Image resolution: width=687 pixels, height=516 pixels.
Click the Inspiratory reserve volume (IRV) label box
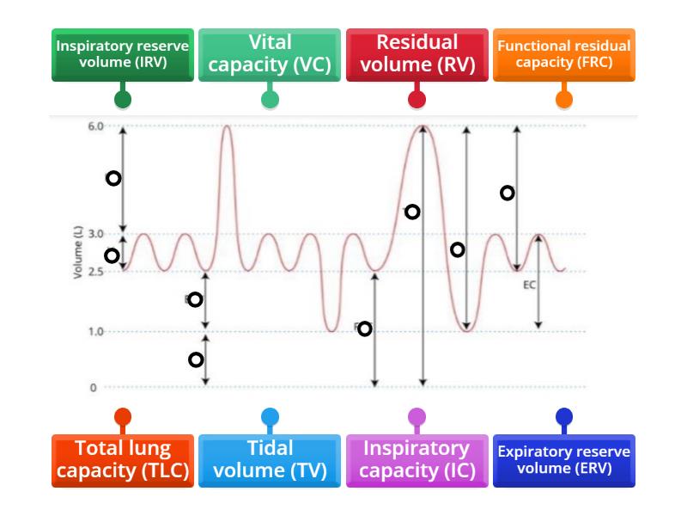[122, 54]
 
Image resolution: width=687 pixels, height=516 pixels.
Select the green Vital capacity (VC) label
[270, 54]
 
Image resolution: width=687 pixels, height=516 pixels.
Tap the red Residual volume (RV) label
[416, 54]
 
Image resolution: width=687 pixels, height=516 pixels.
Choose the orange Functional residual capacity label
[563, 54]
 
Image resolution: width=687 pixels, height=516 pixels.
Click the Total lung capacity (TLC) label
[122, 460]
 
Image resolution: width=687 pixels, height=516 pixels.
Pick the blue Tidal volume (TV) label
[270, 460]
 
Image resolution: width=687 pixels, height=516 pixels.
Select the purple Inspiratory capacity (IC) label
[416, 460]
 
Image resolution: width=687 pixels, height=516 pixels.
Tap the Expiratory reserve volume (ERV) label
[563, 460]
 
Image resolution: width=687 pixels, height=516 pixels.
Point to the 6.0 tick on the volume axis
[94, 126]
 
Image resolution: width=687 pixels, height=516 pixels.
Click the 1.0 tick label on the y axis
[94, 331]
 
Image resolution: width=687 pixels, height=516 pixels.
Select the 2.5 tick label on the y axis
[94, 272]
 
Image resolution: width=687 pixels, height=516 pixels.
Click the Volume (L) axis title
[77, 253]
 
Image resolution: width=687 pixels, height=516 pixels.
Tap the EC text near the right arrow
[529, 284]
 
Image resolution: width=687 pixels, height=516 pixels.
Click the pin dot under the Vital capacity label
[270, 99]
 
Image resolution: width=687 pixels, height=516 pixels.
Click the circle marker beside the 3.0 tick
[112, 255]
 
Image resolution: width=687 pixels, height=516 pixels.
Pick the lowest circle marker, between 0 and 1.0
[196, 359]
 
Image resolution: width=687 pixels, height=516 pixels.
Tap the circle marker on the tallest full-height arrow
[412, 212]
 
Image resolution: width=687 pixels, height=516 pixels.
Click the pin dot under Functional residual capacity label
[563, 99]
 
